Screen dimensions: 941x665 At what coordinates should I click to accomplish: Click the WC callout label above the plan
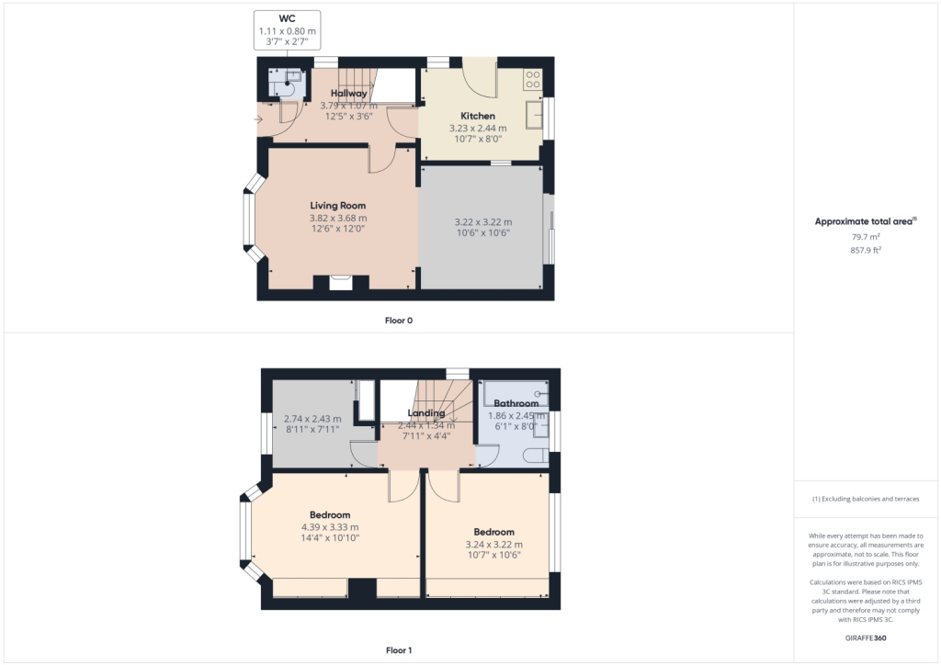[287, 18]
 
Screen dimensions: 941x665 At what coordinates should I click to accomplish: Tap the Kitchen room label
[478, 116]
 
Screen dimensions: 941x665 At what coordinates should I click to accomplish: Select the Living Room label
[338, 206]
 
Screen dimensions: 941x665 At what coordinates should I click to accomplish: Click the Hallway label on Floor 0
[348, 93]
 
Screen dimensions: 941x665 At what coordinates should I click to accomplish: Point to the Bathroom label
[516, 403]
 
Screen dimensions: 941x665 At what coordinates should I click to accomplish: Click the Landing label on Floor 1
[426, 412]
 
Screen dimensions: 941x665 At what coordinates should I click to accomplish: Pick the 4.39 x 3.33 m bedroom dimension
[330, 527]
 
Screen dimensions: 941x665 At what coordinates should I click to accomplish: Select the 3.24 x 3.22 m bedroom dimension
[493, 545]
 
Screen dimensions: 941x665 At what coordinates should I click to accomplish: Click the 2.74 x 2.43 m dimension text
[312, 419]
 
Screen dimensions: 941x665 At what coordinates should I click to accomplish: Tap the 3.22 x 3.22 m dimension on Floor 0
[483, 222]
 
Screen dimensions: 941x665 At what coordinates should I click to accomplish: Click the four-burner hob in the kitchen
[533, 80]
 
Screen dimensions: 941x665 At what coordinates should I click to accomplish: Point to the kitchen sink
[534, 115]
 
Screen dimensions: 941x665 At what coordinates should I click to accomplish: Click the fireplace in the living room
[341, 283]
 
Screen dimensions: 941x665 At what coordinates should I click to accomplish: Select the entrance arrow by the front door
[258, 119]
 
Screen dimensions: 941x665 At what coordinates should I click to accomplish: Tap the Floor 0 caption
[399, 321]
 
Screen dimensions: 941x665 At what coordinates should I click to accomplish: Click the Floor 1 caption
[399, 650]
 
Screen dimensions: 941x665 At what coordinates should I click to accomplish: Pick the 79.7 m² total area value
[866, 237]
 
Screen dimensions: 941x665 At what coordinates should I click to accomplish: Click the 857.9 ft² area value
[866, 250]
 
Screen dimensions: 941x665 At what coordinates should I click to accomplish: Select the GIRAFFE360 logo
[866, 638]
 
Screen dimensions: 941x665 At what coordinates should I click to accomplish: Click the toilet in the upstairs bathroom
[536, 456]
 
